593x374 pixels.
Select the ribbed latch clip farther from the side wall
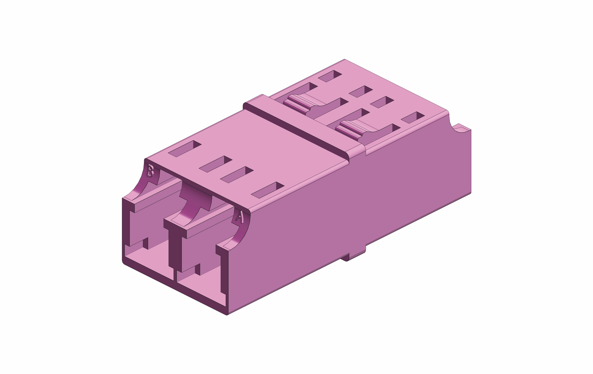point(297,104)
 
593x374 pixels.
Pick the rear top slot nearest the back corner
point(330,76)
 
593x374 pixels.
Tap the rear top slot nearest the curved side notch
point(413,117)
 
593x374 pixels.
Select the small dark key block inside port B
point(145,243)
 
